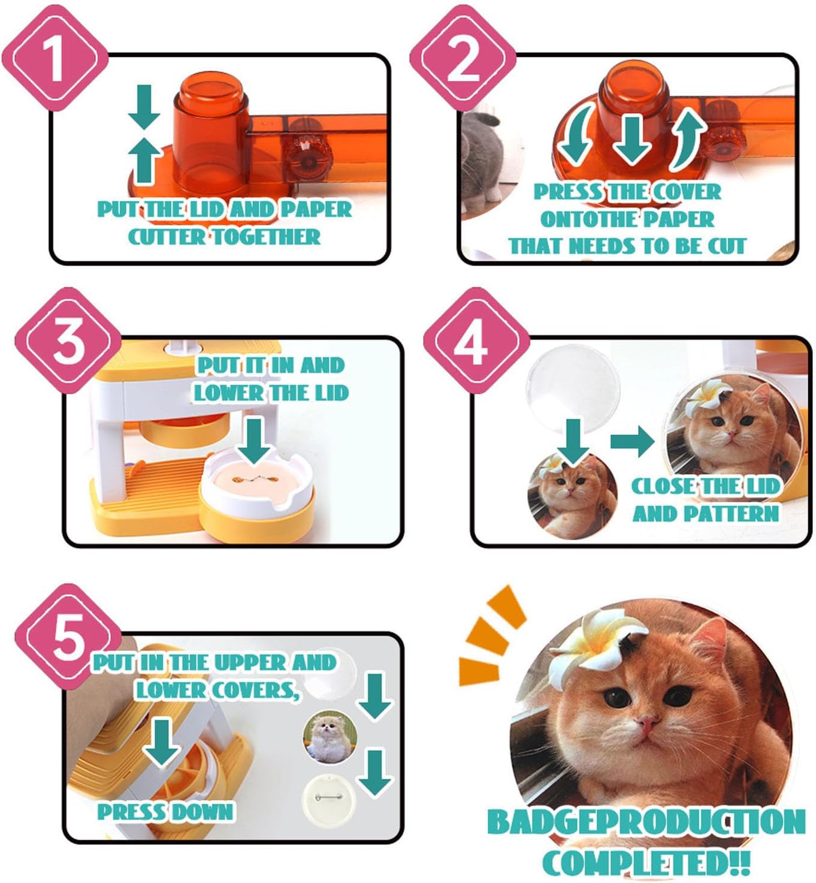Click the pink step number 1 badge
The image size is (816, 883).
click(x=55, y=58)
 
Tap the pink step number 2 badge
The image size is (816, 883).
click(x=463, y=58)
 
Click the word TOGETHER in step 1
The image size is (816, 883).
click(x=266, y=237)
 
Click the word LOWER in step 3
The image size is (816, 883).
click(x=228, y=393)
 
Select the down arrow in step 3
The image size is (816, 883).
click(x=254, y=441)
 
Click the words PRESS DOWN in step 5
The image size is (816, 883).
click(x=165, y=812)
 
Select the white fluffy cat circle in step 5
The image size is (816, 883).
click(x=330, y=737)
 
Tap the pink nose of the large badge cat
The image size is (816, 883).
click(x=647, y=724)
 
